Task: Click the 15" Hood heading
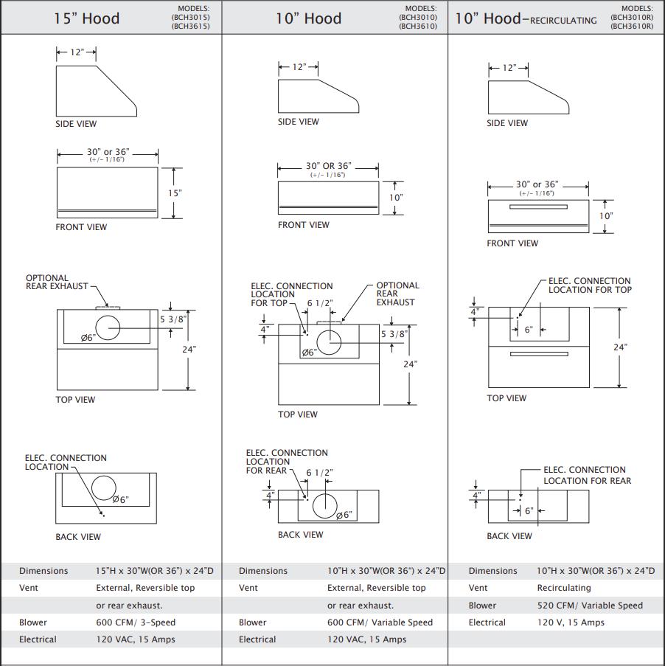tap(86, 18)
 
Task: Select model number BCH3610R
tap(631, 26)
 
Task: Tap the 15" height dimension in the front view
tap(175, 192)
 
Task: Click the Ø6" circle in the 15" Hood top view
tap(108, 326)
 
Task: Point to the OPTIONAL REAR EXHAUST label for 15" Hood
tap(57, 282)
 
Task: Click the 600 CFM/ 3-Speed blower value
tap(136, 622)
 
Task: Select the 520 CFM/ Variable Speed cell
tap(590, 606)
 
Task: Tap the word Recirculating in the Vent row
tap(564, 588)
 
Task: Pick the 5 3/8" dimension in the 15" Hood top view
tap(173, 319)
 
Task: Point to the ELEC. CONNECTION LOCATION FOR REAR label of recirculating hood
tap(587, 475)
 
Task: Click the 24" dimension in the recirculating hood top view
tap(620, 347)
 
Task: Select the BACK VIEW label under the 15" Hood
tap(78, 537)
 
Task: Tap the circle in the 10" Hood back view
tap(324, 505)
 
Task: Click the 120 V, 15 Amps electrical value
tap(571, 622)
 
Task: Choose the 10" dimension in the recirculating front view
tap(606, 216)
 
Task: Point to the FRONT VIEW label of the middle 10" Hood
tap(303, 225)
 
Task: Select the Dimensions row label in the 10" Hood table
tap(263, 571)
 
